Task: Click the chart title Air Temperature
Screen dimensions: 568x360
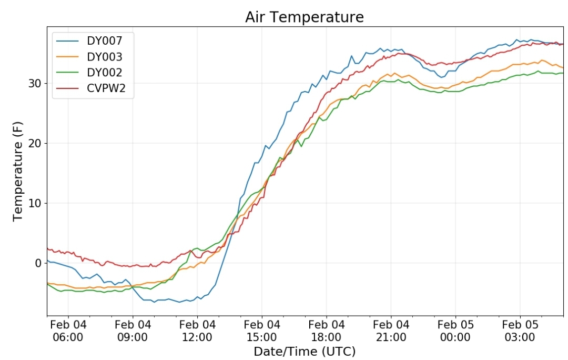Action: point(305,17)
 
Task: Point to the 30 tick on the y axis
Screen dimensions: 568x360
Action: point(35,83)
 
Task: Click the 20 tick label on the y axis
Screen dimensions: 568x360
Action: point(35,143)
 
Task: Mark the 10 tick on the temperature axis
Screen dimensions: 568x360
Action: point(35,203)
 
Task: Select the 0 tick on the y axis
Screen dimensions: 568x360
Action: point(38,263)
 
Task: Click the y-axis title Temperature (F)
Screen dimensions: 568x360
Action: point(17,171)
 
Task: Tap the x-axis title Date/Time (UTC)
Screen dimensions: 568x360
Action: point(305,351)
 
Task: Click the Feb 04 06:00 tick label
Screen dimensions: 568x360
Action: point(68,331)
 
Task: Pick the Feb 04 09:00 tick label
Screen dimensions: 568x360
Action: point(133,331)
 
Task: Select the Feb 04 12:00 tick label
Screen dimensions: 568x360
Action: point(197,331)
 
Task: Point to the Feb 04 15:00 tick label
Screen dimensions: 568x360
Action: point(262,331)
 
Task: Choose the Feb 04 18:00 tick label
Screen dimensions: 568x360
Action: point(327,331)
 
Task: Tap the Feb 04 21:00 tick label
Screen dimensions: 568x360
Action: point(391,331)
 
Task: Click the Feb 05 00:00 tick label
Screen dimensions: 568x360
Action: point(455,331)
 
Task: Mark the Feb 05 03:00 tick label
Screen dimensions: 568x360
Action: point(520,331)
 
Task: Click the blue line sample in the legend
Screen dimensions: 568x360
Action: point(67,41)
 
